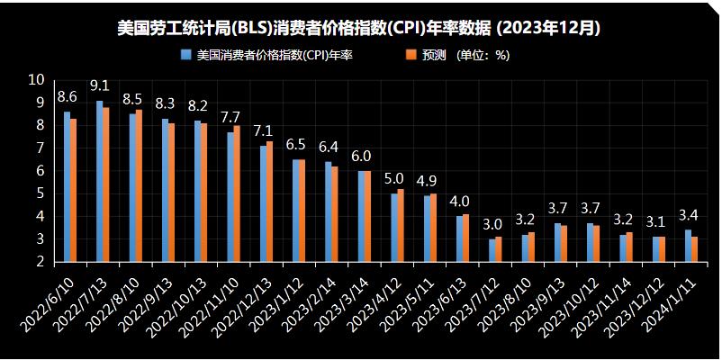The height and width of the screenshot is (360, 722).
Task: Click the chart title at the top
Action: pos(360,28)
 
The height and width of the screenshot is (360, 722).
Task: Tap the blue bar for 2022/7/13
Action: pos(100,181)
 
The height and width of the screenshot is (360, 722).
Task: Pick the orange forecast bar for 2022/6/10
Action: pos(74,190)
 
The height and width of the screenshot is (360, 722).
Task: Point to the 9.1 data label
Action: pos(100,86)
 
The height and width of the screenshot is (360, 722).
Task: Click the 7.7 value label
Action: pos(230,118)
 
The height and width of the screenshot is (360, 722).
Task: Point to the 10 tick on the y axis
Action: pos(37,80)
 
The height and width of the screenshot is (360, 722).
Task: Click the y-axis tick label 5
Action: pos(41,193)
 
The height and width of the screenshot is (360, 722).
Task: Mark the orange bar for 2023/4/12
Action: pos(401,225)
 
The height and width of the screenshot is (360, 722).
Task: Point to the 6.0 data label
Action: pos(361,156)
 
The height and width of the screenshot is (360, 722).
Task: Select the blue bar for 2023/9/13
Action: pos(557,242)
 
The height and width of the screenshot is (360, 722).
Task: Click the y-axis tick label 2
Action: pos(41,262)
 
